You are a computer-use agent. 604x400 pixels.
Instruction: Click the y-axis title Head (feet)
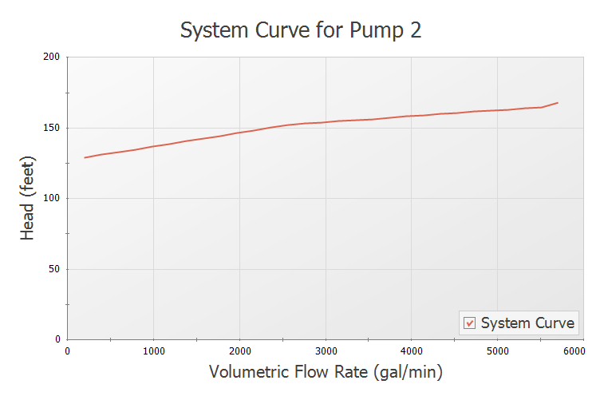(x=29, y=197)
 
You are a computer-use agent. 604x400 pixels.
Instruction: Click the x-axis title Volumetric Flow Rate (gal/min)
(x=326, y=372)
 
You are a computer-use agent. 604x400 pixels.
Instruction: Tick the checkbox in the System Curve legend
(x=470, y=323)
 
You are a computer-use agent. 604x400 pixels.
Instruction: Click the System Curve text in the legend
(x=527, y=323)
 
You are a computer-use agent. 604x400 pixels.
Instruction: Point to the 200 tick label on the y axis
(x=52, y=57)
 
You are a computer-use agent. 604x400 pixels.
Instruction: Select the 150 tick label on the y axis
(x=52, y=128)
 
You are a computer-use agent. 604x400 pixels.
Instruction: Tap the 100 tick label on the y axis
(x=52, y=198)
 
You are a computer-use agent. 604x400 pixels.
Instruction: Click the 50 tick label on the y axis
(x=54, y=269)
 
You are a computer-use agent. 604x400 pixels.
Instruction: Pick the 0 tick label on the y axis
(x=57, y=339)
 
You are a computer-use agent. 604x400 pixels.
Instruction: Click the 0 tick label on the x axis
(x=68, y=350)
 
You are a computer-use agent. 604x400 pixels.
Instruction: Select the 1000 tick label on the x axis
(x=153, y=350)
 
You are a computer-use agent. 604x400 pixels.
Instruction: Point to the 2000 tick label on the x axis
(x=239, y=350)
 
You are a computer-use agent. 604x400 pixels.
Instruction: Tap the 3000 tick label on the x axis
(x=326, y=350)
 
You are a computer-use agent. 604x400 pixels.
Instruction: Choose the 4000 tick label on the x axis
(x=412, y=350)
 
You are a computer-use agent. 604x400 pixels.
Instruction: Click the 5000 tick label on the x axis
(x=498, y=350)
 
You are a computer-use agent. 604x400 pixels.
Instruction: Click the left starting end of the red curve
(x=85, y=157)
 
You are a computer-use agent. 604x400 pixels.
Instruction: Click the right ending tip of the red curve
(x=558, y=103)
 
